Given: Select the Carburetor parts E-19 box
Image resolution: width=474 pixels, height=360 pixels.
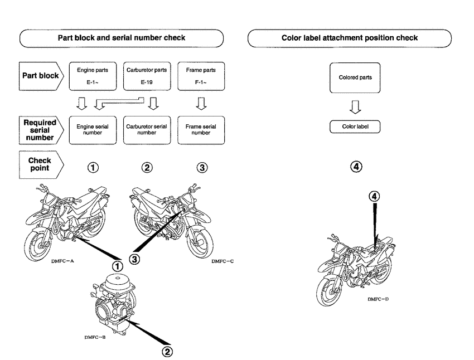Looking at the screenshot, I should (147, 76).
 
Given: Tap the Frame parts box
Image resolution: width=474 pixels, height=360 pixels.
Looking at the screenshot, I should (201, 76).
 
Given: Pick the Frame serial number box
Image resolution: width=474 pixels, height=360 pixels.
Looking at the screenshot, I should (201, 130).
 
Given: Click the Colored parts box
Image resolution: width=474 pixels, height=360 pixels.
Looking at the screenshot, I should (355, 77).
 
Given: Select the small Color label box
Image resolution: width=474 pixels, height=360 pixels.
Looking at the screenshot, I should (355, 127).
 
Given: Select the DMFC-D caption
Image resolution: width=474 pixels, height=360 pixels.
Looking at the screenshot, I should (378, 299).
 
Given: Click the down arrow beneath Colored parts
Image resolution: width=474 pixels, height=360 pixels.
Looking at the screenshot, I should (355, 105).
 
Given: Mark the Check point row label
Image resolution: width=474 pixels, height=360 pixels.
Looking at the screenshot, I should (39, 164).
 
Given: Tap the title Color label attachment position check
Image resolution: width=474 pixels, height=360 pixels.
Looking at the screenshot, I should (349, 38).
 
